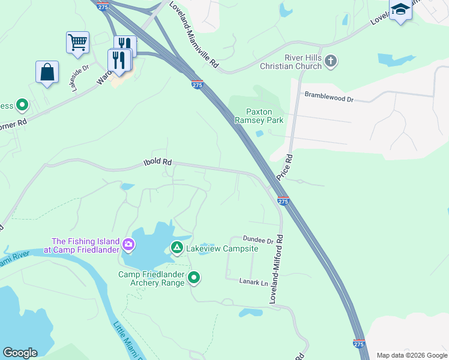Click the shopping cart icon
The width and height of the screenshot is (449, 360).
coord(77,43)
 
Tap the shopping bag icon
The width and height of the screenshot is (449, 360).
coord(47,72)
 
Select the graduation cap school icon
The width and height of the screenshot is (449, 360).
coord(400,10)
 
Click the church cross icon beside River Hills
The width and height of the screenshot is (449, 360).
coord(331,61)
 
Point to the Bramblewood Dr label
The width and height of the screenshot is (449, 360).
coord(328,96)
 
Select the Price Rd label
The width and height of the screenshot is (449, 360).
coord(285,168)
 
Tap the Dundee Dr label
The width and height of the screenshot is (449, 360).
coord(258,240)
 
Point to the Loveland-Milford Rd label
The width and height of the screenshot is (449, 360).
coord(276,269)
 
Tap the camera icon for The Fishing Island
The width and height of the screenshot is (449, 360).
coord(128,245)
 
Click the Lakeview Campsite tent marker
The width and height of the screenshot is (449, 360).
coord(177,247)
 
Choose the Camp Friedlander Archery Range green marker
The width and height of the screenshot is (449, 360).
coord(194,277)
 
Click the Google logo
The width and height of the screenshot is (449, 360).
coord(20,353)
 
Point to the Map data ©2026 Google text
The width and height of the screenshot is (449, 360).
coord(411,355)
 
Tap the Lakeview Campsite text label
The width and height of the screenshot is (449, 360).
coord(222,248)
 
